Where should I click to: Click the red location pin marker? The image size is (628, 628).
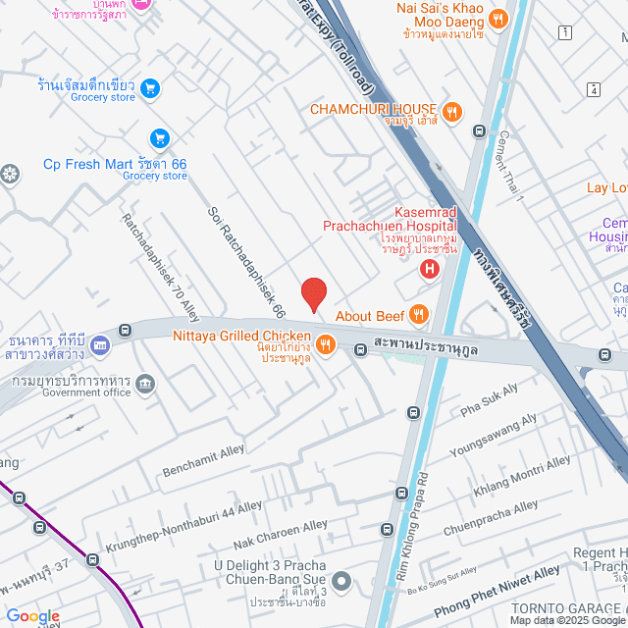[x=313, y=294]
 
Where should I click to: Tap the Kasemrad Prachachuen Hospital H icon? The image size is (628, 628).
[x=428, y=269]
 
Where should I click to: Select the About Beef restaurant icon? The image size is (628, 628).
[x=419, y=315]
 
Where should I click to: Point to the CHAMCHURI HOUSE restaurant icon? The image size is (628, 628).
[x=451, y=110]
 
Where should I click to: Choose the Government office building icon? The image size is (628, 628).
[x=145, y=382]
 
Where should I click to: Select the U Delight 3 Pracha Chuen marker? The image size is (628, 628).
[x=341, y=582]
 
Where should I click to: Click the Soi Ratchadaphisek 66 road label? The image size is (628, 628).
[x=246, y=262]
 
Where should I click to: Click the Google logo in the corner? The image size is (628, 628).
[x=32, y=615]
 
